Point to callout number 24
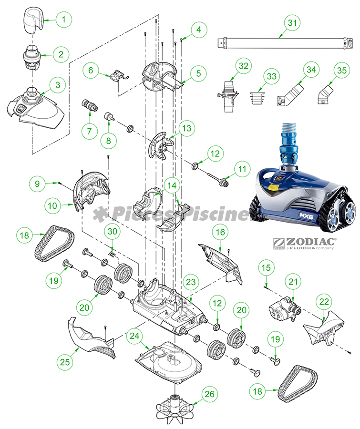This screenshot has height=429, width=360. tap(134, 337)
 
